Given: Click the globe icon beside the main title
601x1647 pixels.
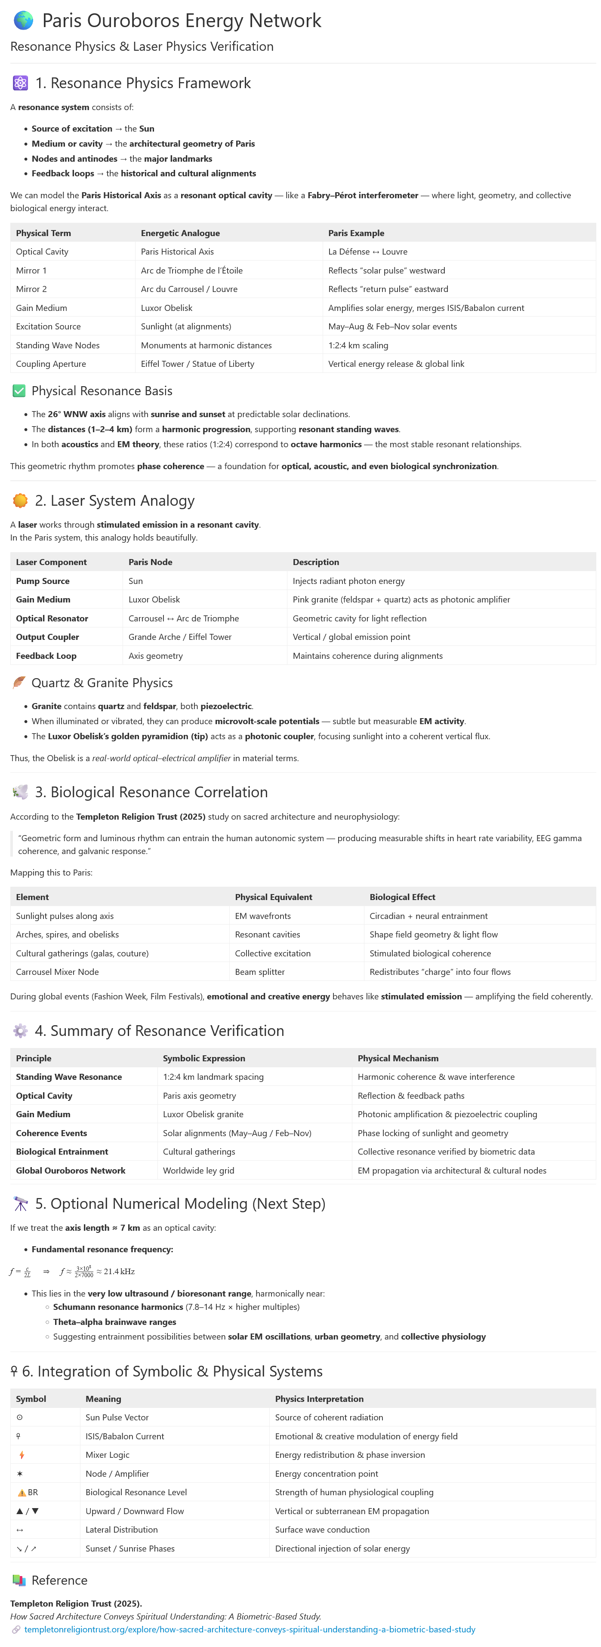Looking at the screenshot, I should pyautogui.click(x=24, y=21).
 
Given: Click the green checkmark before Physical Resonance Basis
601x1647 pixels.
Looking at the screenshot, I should pyautogui.click(x=19, y=390).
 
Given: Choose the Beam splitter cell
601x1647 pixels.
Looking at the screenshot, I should pyautogui.click(x=259, y=972).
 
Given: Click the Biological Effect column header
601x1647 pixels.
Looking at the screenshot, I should pyautogui.click(x=402, y=897).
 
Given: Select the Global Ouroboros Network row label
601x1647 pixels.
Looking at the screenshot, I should pyautogui.click(x=70, y=1170).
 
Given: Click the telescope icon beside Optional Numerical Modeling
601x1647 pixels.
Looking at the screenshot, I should pyautogui.click(x=21, y=1204).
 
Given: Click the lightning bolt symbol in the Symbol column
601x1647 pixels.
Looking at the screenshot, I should pyautogui.click(x=22, y=1454).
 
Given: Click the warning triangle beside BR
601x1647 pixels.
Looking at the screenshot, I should pyautogui.click(x=22, y=1492).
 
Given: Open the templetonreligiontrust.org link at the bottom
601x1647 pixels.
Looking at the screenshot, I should pyautogui.click(x=250, y=1629).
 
